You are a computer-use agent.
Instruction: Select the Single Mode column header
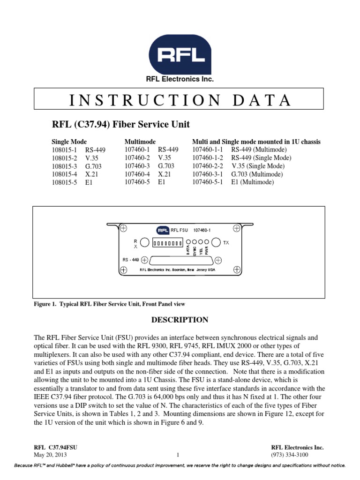[69, 142]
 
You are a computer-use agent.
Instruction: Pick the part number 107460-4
[137, 174]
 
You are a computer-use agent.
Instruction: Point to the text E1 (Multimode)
[252, 182]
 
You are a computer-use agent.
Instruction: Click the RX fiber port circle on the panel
[145, 242]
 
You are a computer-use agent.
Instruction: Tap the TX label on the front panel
[226, 243]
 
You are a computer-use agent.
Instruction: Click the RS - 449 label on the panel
[131, 259]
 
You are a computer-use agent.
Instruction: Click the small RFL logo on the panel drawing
[162, 230]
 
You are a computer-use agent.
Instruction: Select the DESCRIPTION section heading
[179, 320]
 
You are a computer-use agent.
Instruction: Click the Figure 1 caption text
[110, 304]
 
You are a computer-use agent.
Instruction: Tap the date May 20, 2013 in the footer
[50, 455]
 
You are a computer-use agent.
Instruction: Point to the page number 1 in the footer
[178, 455]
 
